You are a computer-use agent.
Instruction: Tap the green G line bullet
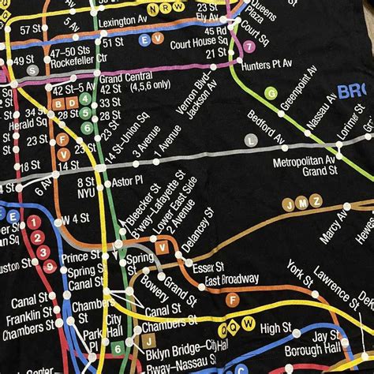271,92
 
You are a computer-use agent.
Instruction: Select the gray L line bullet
250,140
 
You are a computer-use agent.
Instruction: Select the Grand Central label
120,77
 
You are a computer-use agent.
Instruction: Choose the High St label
276,327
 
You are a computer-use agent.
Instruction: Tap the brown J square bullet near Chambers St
148,341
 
